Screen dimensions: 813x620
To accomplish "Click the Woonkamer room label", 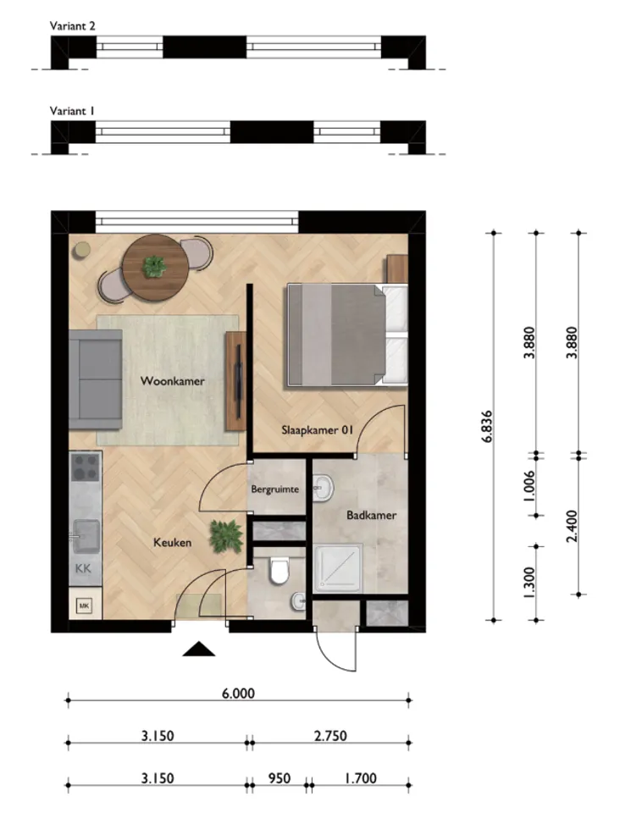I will pos(173,382).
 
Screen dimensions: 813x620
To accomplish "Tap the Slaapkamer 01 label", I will pos(316,430).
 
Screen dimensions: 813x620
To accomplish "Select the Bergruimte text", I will pos(276,490).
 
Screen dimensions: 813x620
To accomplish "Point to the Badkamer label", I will pos(371,515).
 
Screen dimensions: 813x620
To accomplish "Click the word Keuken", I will pos(172,543).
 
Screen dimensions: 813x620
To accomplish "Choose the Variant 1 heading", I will pos(73,111).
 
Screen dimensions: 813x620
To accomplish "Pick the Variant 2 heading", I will pos(73,26).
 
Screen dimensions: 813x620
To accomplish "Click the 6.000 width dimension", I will pos(237,693).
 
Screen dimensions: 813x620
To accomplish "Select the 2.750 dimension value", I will pos(329,736).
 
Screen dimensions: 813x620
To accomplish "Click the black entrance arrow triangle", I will pos(200,650).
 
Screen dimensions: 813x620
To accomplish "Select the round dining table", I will pos(155,268).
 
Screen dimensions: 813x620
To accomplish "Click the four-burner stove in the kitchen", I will pos(86,467).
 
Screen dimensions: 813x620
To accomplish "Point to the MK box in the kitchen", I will pos(85,606).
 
